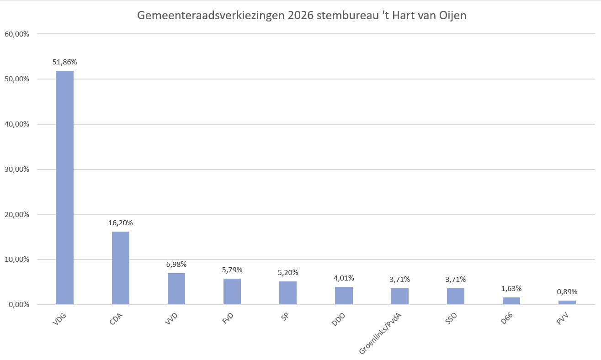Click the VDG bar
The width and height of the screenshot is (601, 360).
64,187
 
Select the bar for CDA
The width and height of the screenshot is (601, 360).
120,268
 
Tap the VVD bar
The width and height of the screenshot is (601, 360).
176,289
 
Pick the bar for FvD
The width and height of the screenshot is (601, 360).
232,291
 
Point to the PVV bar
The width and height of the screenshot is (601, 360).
567,302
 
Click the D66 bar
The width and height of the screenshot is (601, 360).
511,301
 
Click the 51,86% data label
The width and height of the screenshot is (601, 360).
64,62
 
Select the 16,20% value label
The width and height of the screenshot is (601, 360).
120,223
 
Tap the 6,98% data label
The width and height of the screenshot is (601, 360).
176,264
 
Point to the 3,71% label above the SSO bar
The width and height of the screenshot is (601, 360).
455,279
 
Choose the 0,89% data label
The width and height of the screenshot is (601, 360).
567,291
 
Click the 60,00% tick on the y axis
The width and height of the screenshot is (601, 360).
17,34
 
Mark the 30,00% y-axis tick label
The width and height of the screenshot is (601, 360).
17,169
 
